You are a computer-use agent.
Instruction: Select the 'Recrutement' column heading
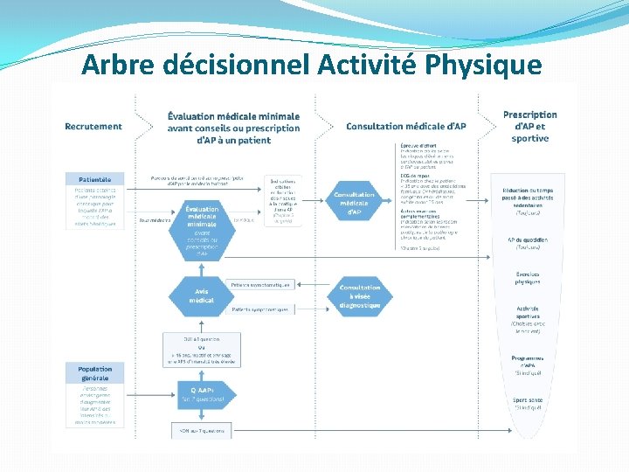click(93, 126)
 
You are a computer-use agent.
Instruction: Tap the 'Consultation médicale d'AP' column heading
click(406, 126)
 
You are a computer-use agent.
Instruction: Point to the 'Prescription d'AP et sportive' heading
click(529, 126)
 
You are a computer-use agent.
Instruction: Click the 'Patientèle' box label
click(94, 178)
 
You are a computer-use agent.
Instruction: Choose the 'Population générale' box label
click(94, 373)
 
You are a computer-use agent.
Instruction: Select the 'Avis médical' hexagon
click(202, 295)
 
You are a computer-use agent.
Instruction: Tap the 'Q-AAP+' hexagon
click(202, 395)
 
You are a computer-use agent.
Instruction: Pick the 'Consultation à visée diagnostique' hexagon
click(360, 296)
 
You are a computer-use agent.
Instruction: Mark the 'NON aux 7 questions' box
click(202, 431)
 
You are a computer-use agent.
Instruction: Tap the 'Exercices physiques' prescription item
click(528, 278)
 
